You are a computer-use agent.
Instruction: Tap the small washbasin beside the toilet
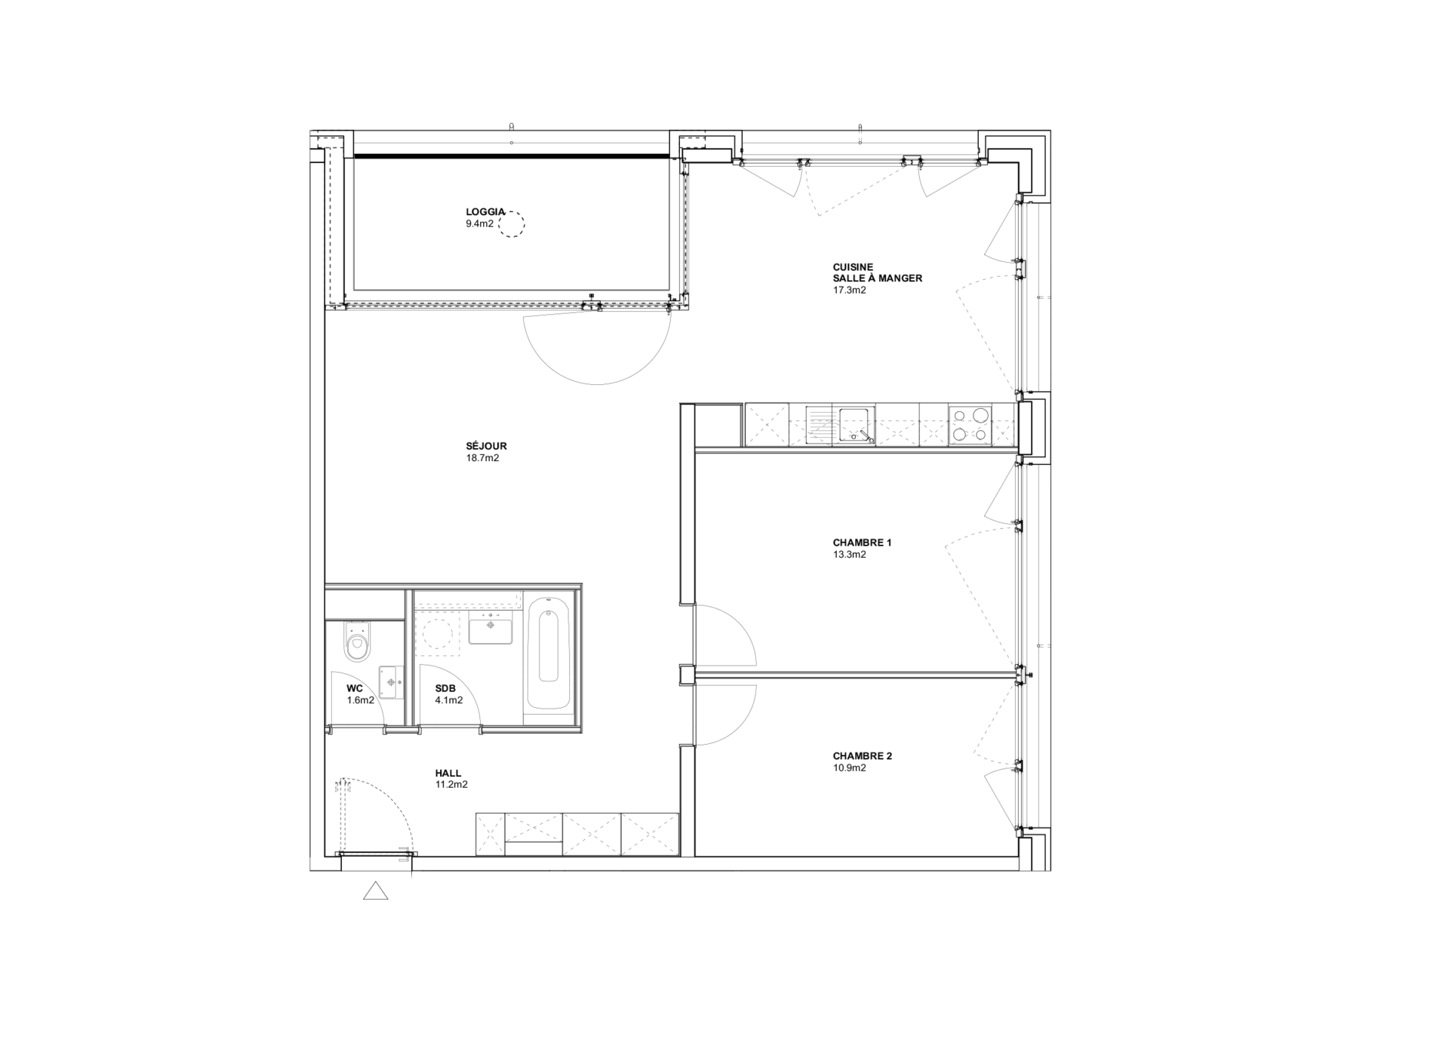click(x=391, y=682)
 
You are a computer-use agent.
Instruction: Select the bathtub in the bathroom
click(x=549, y=652)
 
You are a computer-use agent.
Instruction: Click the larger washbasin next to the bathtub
click(x=490, y=627)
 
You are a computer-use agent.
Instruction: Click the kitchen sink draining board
click(x=819, y=425)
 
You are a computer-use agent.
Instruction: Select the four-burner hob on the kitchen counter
click(x=971, y=424)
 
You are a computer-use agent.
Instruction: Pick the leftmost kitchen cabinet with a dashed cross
click(x=767, y=425)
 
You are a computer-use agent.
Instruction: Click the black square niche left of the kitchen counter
click(x=718, y=425)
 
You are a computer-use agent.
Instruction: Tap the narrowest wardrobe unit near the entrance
click(x=491, y=834)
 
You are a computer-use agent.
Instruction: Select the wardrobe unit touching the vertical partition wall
click(x=650, y=834)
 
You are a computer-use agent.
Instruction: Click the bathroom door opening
click(x=451, y=729)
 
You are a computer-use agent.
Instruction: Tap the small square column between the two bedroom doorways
click(x=687, y=675)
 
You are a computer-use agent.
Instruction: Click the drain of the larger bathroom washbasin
click(x=491, y=625)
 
